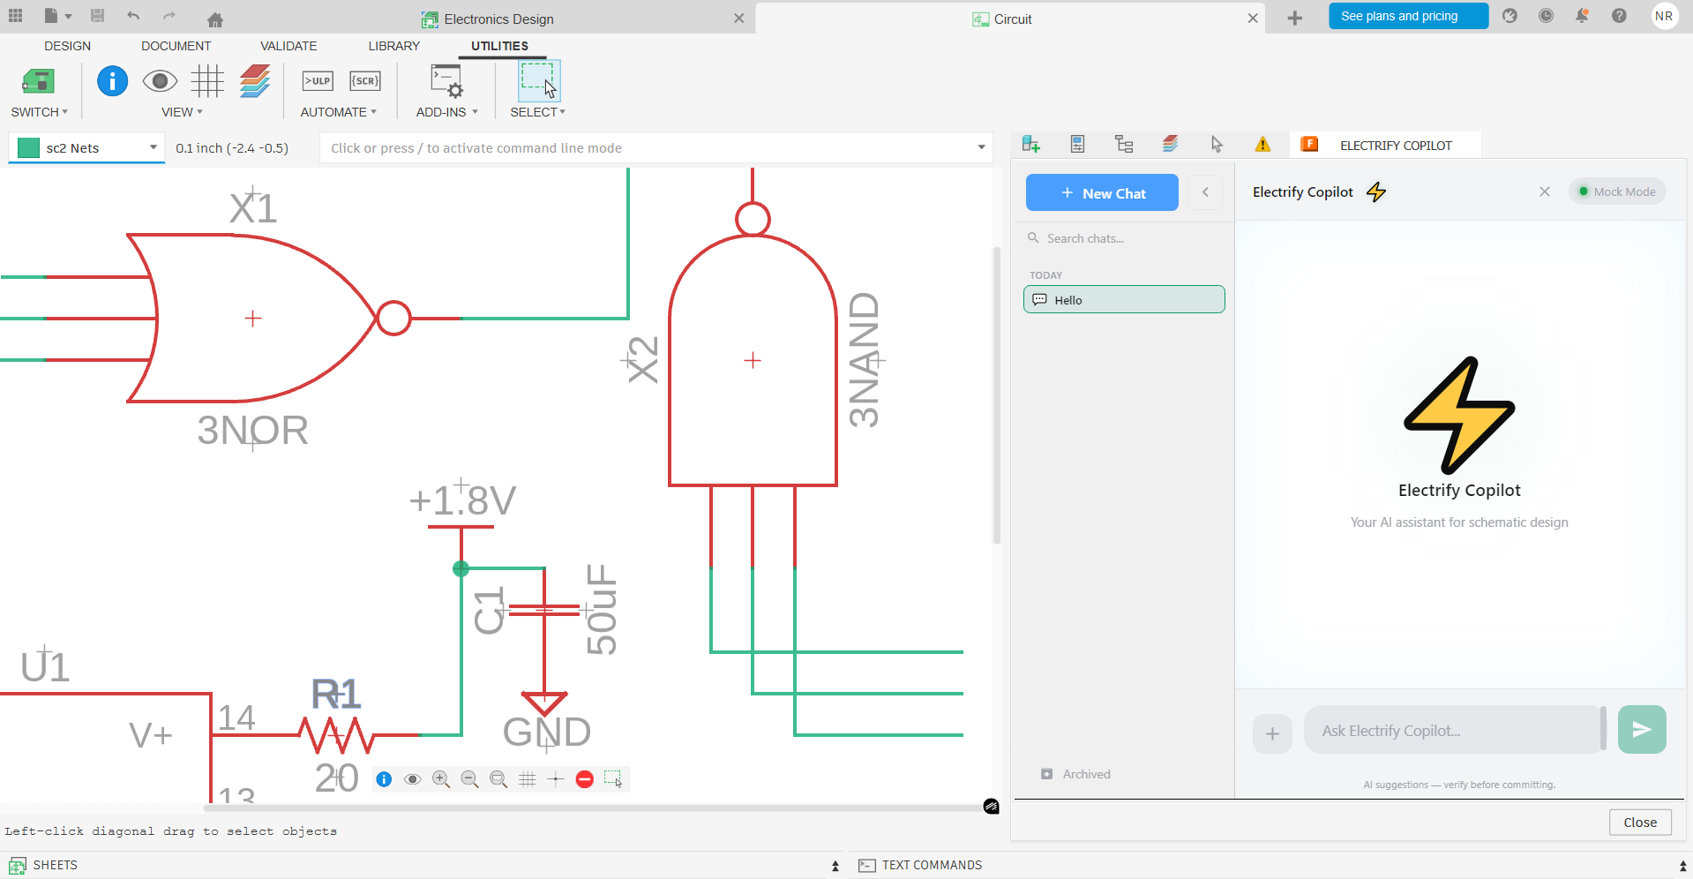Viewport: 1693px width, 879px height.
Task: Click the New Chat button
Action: [1102, 192]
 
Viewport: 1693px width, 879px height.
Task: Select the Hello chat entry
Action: [1124, 300]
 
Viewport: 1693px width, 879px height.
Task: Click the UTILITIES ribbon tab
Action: [499, 46]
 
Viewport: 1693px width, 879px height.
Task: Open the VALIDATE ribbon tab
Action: [288, 46]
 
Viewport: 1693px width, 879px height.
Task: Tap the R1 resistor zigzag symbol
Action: [336, 734]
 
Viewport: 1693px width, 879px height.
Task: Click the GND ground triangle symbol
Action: [544, 702]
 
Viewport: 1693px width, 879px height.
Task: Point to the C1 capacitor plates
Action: [544, 610]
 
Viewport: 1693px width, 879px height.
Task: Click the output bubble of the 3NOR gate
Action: [393, 319]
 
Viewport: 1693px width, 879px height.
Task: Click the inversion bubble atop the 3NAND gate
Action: [753, 219]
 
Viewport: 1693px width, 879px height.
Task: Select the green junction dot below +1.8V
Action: [461, 569]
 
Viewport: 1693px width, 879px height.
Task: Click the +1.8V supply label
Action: [462, 501]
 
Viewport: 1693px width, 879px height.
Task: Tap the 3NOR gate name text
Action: [252, 431]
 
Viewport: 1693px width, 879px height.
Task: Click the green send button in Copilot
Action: [1641, 730]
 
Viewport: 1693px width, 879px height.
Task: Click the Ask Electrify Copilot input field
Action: [1451, 731]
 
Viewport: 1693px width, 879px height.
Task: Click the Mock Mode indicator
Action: [1617, 192]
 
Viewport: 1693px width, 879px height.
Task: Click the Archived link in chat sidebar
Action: [1086, 774]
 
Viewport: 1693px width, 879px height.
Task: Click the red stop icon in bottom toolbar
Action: [584, 779]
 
